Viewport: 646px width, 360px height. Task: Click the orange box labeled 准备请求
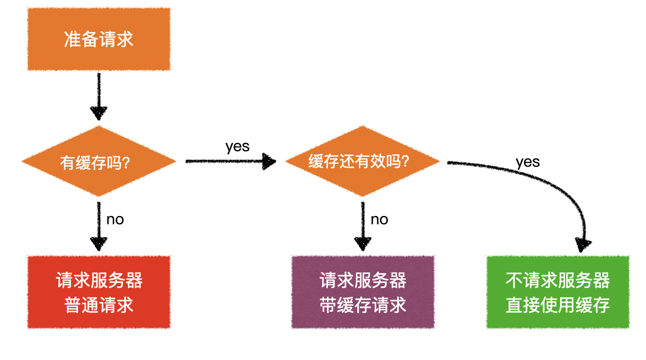coord(99,39)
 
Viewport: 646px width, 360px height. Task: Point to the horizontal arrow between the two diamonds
coord(230,161)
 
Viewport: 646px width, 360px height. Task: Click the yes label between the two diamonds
coord(237,147)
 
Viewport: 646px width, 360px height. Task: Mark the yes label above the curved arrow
coord(527,162)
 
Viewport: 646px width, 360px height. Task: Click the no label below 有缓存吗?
coord(115,220)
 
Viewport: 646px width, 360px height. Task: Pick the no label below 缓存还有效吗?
coord(379,220)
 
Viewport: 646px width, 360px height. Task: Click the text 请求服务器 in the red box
coord(99,280)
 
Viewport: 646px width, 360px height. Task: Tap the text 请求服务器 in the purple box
coord(362,280)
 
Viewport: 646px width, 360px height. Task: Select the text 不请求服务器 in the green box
coord(557,280)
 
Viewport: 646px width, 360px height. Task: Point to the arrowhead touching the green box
coord(583,244)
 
